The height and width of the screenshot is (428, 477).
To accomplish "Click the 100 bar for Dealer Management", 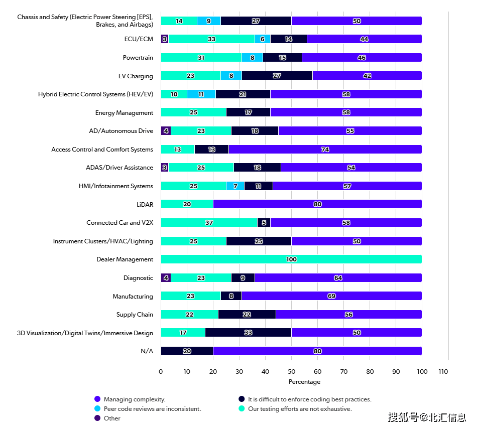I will [x=291, y=259].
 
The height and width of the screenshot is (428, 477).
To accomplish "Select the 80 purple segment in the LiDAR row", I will [x=317, y=204].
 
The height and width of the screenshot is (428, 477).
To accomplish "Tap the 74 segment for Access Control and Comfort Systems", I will [x=325, y=150].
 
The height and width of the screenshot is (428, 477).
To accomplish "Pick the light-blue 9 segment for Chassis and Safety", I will [x=209, y=21].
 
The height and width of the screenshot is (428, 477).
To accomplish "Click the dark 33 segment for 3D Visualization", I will [x=248, y=333].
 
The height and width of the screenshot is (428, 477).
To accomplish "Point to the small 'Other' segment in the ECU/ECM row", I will [x=164, y=39].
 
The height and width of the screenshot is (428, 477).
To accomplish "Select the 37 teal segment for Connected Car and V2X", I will [x=209, y=223].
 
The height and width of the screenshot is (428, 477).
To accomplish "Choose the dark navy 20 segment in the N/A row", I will [x=187, y=351].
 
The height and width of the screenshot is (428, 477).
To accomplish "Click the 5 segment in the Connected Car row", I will [x=264, y=223].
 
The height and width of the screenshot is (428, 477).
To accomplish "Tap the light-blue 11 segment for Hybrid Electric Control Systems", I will [x=201, y=94].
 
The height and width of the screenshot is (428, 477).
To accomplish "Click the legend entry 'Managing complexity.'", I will [x=134, y=399].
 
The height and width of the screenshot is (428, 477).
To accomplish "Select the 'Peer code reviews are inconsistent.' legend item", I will [x=152, y=409].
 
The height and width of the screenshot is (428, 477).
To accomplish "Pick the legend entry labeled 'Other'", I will [x=112, y=418].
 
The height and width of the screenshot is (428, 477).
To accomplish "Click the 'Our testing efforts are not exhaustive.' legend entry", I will [x=300, y=409].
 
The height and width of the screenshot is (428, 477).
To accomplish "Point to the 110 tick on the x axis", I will [x=443, y=372].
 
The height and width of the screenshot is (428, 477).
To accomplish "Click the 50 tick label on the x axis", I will [x=291, y=372].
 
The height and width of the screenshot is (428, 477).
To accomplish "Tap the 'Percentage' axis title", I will [x=304, y=382].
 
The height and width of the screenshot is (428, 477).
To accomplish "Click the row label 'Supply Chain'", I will [x=134, y=315].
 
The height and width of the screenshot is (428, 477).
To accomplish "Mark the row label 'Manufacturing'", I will [x=133, y=297].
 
